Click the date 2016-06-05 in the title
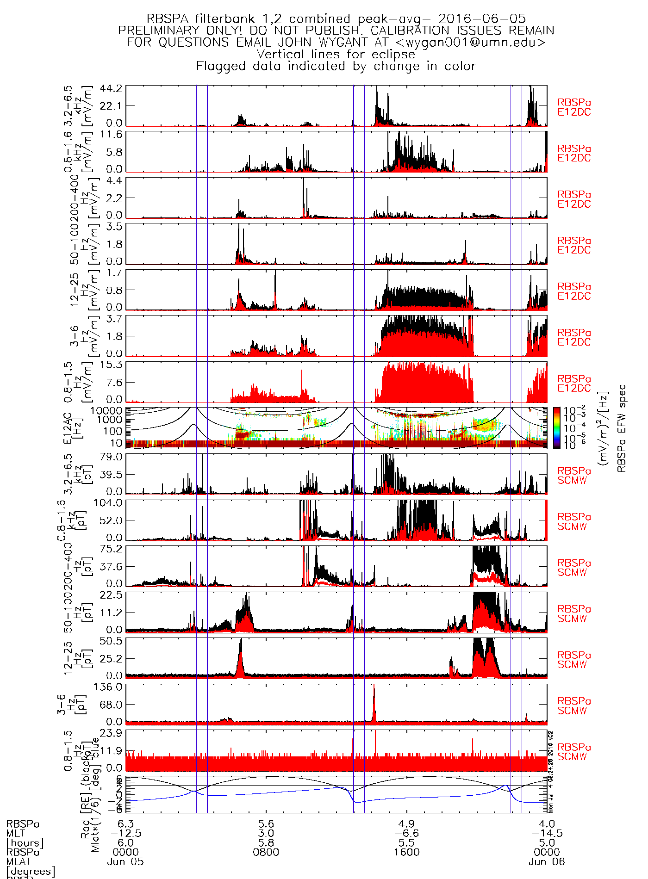(482, 19)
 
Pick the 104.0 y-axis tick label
(108, 503)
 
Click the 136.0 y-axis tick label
(108, 687)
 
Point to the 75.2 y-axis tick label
(111, 549)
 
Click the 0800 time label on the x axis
(266, 852)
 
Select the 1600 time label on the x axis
(406, 852)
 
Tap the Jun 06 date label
(547, 862)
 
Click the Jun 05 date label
(125, 862)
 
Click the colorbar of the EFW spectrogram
(557, 427)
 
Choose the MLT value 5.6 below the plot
(266, 824)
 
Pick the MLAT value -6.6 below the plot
(406, 833)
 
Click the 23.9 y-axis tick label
(111, 733)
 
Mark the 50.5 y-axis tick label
(111, 641)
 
